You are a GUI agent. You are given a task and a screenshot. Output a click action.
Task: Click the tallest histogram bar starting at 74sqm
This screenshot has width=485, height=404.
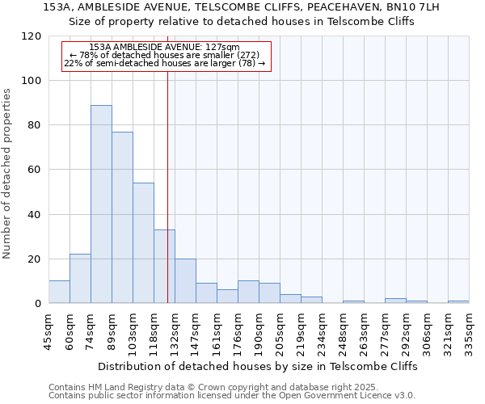pyautogui.click(x=101, y=204)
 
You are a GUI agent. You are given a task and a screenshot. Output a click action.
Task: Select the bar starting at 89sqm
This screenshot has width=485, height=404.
pyautogui.click(x=122, y=217)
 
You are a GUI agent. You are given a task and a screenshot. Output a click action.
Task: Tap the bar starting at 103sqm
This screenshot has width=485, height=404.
pyautogui.click(x=143, y=242)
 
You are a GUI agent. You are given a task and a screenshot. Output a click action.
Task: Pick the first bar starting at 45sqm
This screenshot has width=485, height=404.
pyautogui.click(x=59, y=292)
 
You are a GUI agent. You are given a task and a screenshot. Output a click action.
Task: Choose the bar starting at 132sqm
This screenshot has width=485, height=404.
pyautogui.click(x=185, y=281)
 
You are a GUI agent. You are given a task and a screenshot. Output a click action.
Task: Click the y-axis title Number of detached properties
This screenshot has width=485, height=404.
pyautogui.click(x=7, y=174)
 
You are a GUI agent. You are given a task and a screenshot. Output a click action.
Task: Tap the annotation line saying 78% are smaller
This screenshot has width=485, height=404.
pyautogui.click(x=164, y=55)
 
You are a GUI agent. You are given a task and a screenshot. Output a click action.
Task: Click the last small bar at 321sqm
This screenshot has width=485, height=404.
pyautogui.click(x=458, y=302)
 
